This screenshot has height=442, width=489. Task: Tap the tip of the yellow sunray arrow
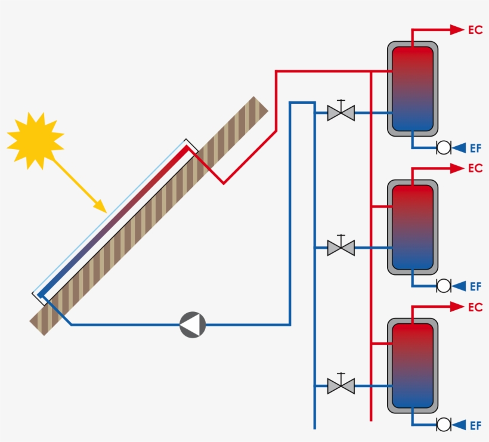click(104, 211)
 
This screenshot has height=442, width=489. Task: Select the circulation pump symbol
click(193, 324)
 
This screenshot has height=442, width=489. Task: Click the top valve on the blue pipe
click(341, 112)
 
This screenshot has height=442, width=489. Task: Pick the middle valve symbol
click(341, 247)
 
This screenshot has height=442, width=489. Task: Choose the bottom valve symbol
click(341, 385)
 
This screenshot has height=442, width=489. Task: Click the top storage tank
click(412, 88)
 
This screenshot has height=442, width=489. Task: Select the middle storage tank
click(412, 227)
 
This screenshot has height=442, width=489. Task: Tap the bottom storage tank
click(412, 365)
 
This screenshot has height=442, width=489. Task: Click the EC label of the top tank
click(475, 30)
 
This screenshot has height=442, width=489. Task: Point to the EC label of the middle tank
click(475, 169)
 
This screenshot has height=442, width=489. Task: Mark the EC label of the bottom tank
click(475, 308)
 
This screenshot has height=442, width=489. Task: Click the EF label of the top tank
click(475, 148)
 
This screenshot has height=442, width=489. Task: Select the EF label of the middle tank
click(475, 287)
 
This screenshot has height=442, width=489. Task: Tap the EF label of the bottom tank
click(475, 425)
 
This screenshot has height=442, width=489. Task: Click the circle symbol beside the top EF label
click(444, 147)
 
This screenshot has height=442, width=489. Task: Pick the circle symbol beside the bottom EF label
click(444, 425)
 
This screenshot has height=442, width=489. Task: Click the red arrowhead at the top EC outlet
click(457, 29)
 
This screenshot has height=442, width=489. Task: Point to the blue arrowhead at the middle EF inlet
click(459, 286)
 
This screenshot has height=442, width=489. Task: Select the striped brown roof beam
click(149, 216)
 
